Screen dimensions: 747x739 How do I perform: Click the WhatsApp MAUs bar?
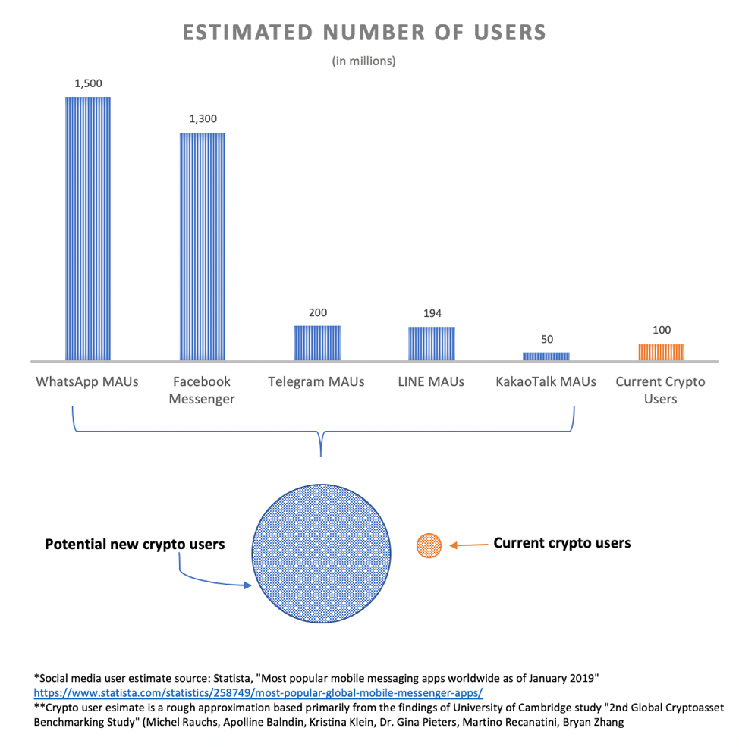click(x=88, y=228)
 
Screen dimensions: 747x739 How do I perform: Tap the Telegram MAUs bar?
click(x=317, y=343)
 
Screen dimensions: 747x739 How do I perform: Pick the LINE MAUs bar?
click(x=432, y=344)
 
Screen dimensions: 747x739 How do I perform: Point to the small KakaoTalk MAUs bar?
click(x=546, y=356)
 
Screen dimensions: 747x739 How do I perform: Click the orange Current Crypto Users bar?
click(x=660, y=352)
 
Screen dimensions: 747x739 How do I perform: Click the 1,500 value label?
click(x=88, y=83)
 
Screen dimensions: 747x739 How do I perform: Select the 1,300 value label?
click(x=203, y=119)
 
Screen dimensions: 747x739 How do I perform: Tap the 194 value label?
click(x=432, y=313)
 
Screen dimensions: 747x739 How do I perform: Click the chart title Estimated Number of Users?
click(x=363, y=33)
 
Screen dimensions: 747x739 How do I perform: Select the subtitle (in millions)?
click(x=363, y=61)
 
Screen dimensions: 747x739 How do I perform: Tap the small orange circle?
click(x=429, y=545)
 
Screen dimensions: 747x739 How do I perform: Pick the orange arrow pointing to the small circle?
click(x=467, y=545)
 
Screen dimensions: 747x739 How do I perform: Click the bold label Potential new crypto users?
click(x=135, y=544)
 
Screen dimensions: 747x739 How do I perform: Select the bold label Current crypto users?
click(x=561, y=543)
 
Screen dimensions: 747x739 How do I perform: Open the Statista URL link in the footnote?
click(x=258, y=692)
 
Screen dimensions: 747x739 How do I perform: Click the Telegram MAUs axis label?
click(x=316, y=381)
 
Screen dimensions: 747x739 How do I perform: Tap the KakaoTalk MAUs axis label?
click(x=546, y=381)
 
